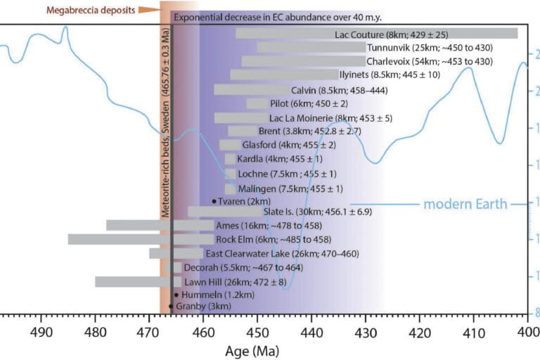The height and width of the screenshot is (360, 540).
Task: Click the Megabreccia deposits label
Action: (90, 10)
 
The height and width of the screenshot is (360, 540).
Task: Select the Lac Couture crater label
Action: (392, 34)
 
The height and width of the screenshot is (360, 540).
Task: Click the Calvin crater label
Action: (340, 91)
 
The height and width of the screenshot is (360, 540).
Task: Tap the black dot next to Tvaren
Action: (214, 201)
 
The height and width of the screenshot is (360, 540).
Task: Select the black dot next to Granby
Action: (171, 307)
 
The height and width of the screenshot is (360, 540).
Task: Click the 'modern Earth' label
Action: (465, 205)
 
